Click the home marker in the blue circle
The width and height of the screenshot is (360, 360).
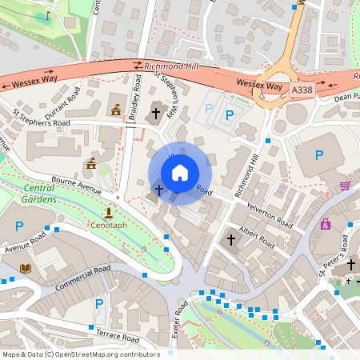point(180,173)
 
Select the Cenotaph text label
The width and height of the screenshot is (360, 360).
point(108,226)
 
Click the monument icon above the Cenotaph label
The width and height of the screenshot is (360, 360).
point(108,213)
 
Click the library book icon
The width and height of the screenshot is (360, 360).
point(26,268)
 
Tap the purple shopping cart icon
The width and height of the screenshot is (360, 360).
point(346,186)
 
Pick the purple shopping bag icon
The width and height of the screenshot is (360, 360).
point(326,225)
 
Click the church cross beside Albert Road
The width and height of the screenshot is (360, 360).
point(231,239)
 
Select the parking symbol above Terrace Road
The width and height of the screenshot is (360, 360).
point(99,304)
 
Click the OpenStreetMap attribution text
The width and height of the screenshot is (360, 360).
point(80,354)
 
